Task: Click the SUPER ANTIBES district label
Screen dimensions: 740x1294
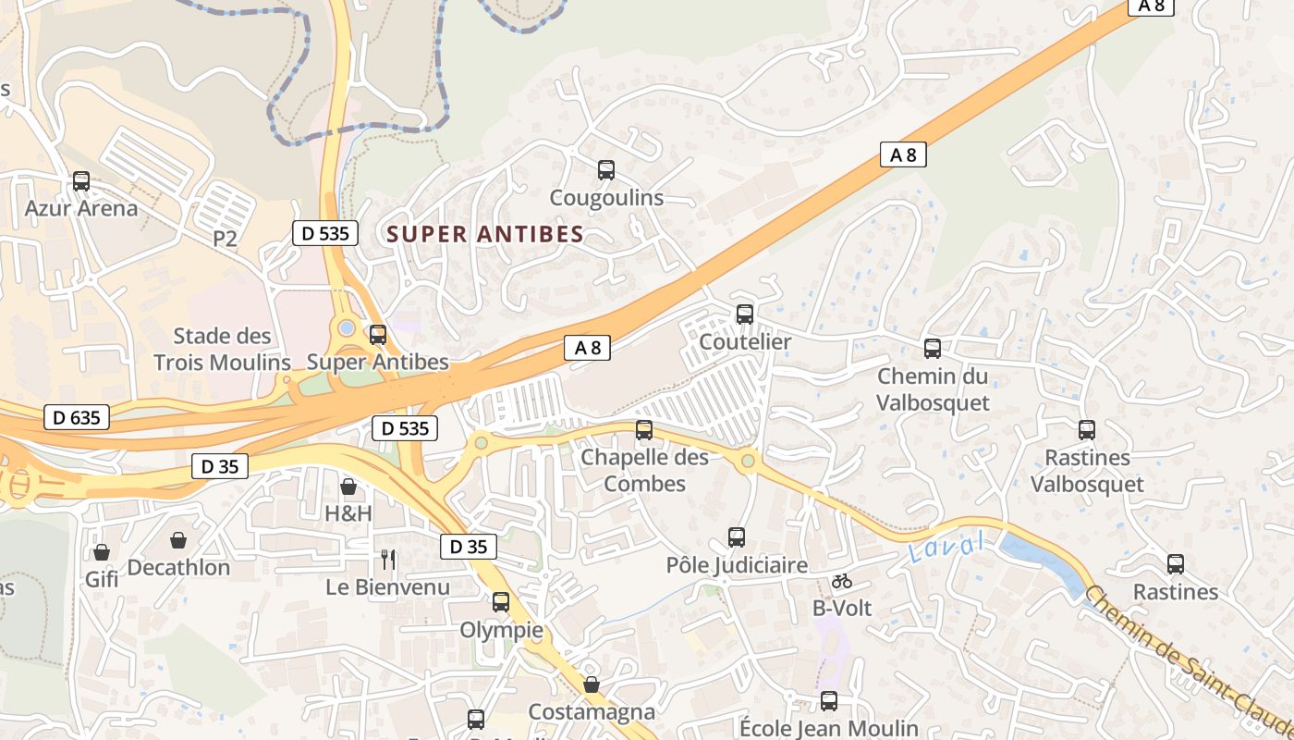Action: (486, 234)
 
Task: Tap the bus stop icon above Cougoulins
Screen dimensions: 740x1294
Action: (606, 170)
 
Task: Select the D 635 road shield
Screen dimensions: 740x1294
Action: (77, 418)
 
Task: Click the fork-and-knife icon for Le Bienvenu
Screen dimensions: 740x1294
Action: (388, 560)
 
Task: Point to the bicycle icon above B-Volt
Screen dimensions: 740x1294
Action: (841, 582)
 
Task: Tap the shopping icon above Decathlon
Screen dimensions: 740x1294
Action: (178, 540)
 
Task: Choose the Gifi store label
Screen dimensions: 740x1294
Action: (102, 579)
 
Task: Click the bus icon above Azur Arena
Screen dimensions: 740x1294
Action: (81, 181)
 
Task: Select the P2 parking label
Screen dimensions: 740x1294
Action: (225, 239)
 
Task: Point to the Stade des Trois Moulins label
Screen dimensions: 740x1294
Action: (222, 349)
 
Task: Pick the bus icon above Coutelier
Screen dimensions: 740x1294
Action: (745, 314)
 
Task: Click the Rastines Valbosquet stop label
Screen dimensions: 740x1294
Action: (1087, 471)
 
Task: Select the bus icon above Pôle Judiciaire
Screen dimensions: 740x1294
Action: (737, 537)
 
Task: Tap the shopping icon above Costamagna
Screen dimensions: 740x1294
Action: (592, 685)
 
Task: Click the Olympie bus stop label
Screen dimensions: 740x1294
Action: (501, 631)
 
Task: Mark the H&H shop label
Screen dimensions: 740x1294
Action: (348, 512)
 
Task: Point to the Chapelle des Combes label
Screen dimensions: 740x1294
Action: (644, 471)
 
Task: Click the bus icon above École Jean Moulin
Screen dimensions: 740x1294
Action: (829, 702)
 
